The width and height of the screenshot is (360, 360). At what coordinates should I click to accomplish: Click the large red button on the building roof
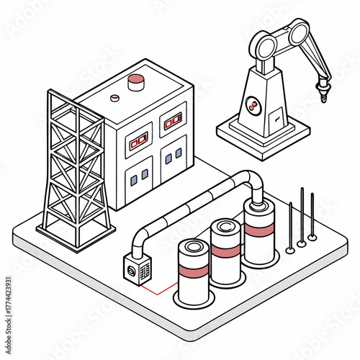[x=136, y=82]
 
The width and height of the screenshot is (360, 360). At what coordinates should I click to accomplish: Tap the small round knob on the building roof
[x=114, y=97]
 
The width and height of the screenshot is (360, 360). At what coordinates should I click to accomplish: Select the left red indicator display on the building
[x=138, y=140]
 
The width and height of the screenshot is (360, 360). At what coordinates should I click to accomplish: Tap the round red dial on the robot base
[x=252, y=107]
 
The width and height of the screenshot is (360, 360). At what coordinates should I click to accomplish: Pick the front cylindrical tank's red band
[x=194, y=273]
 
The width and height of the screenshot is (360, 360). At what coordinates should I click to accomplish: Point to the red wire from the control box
[x=158, y=292]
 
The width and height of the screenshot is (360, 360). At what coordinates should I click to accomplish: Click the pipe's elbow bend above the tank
[x=254, y=181]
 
